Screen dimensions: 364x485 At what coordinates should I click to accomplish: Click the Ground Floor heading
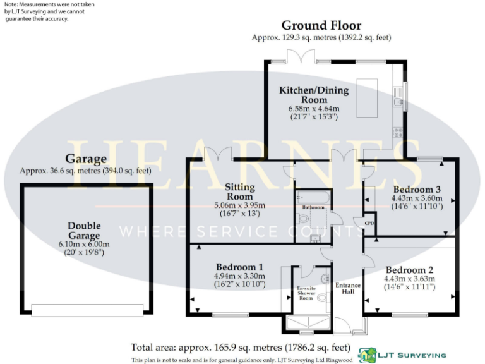coord(321,25)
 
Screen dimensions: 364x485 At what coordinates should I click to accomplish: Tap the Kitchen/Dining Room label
coord(314,95)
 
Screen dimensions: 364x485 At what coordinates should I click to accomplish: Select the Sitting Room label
coord(240,191)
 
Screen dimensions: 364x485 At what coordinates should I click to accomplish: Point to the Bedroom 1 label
coord(239,267)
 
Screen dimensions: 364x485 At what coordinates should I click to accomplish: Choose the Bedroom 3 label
coord(416,190)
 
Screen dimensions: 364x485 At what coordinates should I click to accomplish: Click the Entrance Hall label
coord(347,289)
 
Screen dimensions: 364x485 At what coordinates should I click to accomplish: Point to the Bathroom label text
coord(313,207)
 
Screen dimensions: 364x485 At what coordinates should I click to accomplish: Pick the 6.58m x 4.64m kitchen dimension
coord(314,109)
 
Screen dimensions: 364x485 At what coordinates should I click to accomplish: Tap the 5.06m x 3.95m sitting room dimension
coord(240,205)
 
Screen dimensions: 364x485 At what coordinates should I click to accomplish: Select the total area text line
coord(240,347)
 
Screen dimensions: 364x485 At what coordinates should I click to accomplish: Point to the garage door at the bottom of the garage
coord(88,310)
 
